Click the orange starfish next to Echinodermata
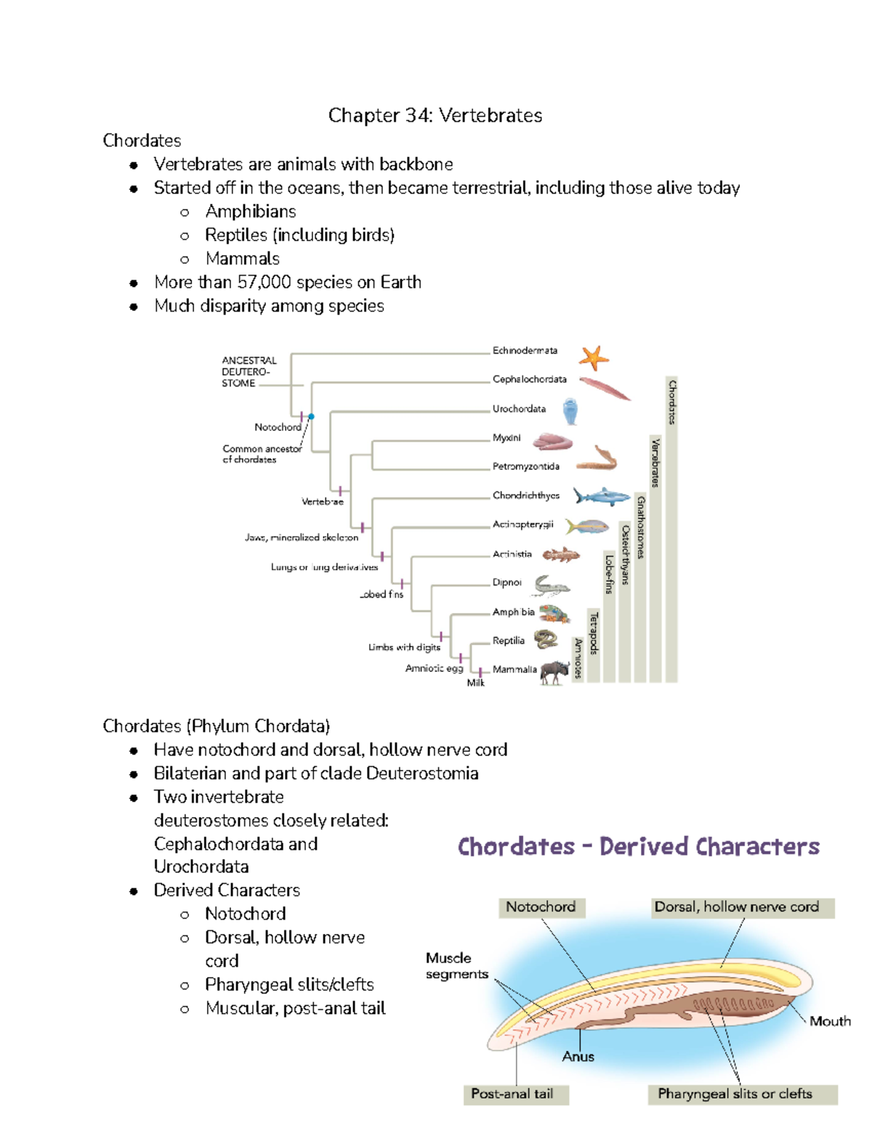(x=594, y=357)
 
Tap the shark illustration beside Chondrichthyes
(x=600, y=497)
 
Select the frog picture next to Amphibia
(x=554, y=614)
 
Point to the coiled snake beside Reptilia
(x=546, y=639)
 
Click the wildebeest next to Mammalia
(x=555, y=672)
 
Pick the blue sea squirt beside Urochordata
(x=570, y=411)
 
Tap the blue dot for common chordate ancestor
(x=311, y=416)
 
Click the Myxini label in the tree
(x=506, y=438)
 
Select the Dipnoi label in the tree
(x=506, y=583)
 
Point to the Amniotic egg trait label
(x=434, y=668)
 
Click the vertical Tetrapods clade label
(x=594, y=633)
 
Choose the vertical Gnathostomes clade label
(x=640, y=527)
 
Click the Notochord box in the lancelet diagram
(x=541, y=907)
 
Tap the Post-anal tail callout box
(x=512, y=1094)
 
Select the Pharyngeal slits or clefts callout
(x=735, y=1094)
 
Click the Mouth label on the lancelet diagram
(x=830, y=1021)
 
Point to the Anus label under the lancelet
(x=578, y=1057)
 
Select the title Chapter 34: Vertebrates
(x=435, y=115)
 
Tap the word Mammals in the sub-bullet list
(x=242, y=259)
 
